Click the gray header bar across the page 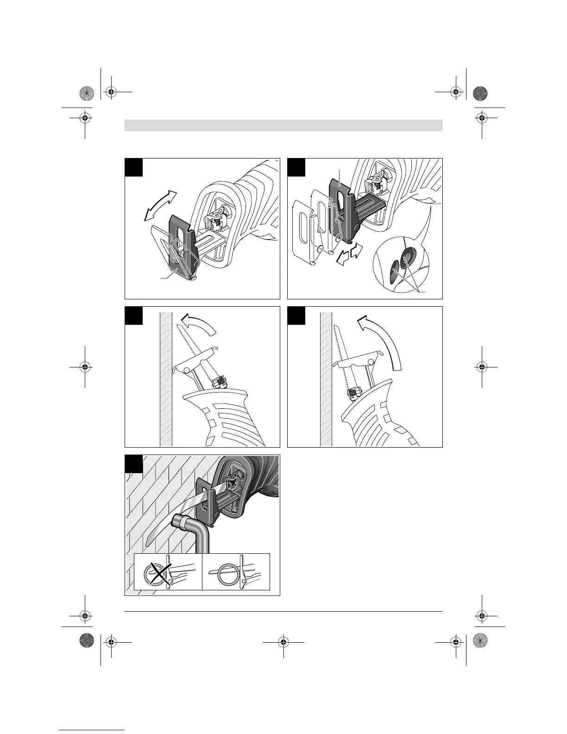point(283,125)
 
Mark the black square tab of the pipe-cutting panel point(133,463)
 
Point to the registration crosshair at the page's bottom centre point(283,642)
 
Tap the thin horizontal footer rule point(283,612)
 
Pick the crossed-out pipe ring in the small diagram point(155,575)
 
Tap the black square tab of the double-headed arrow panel point(133,167)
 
